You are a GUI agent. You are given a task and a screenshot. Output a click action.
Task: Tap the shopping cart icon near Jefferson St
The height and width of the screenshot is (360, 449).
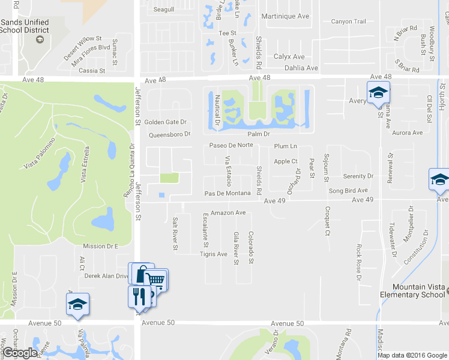pyautogui.click(x=157, y=280)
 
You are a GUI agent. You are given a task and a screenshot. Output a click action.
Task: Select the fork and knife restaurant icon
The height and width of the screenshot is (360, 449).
pyautogui.click(x=137, y=296)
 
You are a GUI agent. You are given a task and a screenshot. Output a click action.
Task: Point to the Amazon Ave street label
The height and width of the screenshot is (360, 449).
pyautogui.click(x=228, y=212)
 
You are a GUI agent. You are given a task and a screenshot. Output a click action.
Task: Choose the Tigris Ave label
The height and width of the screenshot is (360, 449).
pyautogui.click(x=213, y=254)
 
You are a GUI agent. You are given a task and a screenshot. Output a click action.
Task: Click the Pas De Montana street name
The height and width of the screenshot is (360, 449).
pyautogui.click(x=227, y=193)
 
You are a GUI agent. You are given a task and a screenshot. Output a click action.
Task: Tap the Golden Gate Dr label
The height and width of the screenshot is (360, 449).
pyautogui.click(x=166, y=122)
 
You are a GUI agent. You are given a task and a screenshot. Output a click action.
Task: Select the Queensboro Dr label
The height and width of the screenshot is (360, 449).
pyautogui.click(x=169, y=134)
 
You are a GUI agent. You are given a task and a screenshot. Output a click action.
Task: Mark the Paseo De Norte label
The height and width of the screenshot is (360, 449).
pyautogui.click(x=231, y=145)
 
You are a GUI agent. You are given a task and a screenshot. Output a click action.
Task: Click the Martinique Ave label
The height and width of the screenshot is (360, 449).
pyautogui.click(x=286, y=16)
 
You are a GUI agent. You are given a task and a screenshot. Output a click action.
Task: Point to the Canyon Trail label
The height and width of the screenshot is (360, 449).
pyautogui.click(x=348, y=22)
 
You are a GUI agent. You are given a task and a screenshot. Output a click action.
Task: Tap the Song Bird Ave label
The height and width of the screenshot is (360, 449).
pyautogui.click(x=348, y=190)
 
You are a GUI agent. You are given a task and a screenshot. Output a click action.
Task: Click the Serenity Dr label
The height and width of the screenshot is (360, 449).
pyautogui.click(x=358, y=176)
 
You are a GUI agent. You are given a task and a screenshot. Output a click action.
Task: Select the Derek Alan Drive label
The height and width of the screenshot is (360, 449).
pyautogui.click(x=107, y=276)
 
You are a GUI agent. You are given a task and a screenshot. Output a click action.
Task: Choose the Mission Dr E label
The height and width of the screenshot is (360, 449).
pyautogui.click(x=101, y=246)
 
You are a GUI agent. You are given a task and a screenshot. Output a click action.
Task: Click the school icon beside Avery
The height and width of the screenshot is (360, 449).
pyautogui.click(x=378, y=92)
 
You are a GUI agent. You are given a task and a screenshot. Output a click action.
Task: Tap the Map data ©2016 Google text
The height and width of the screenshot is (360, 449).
pyautogui.click(x=412, y=355)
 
